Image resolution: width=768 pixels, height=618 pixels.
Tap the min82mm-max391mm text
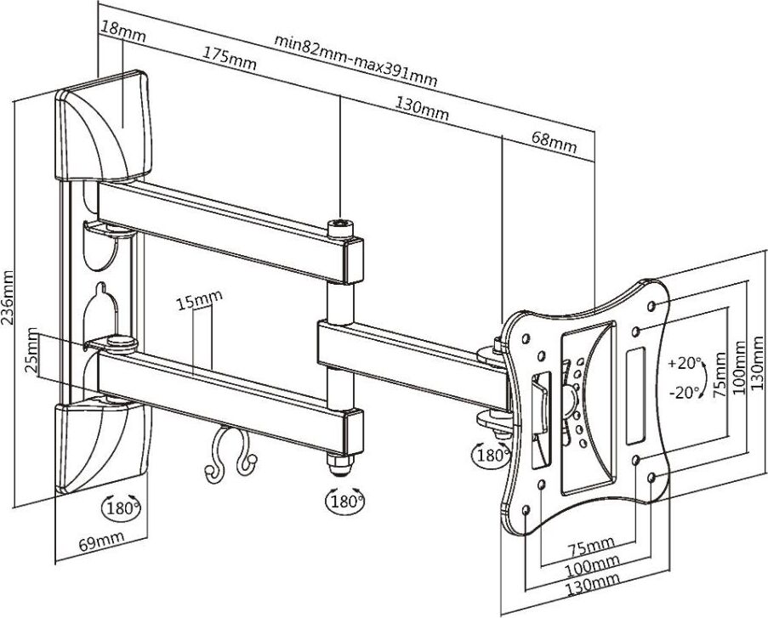pyautogui.click(x=356, y=60)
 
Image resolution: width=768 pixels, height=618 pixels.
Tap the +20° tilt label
pyautogui.click(x=686, y=363)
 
